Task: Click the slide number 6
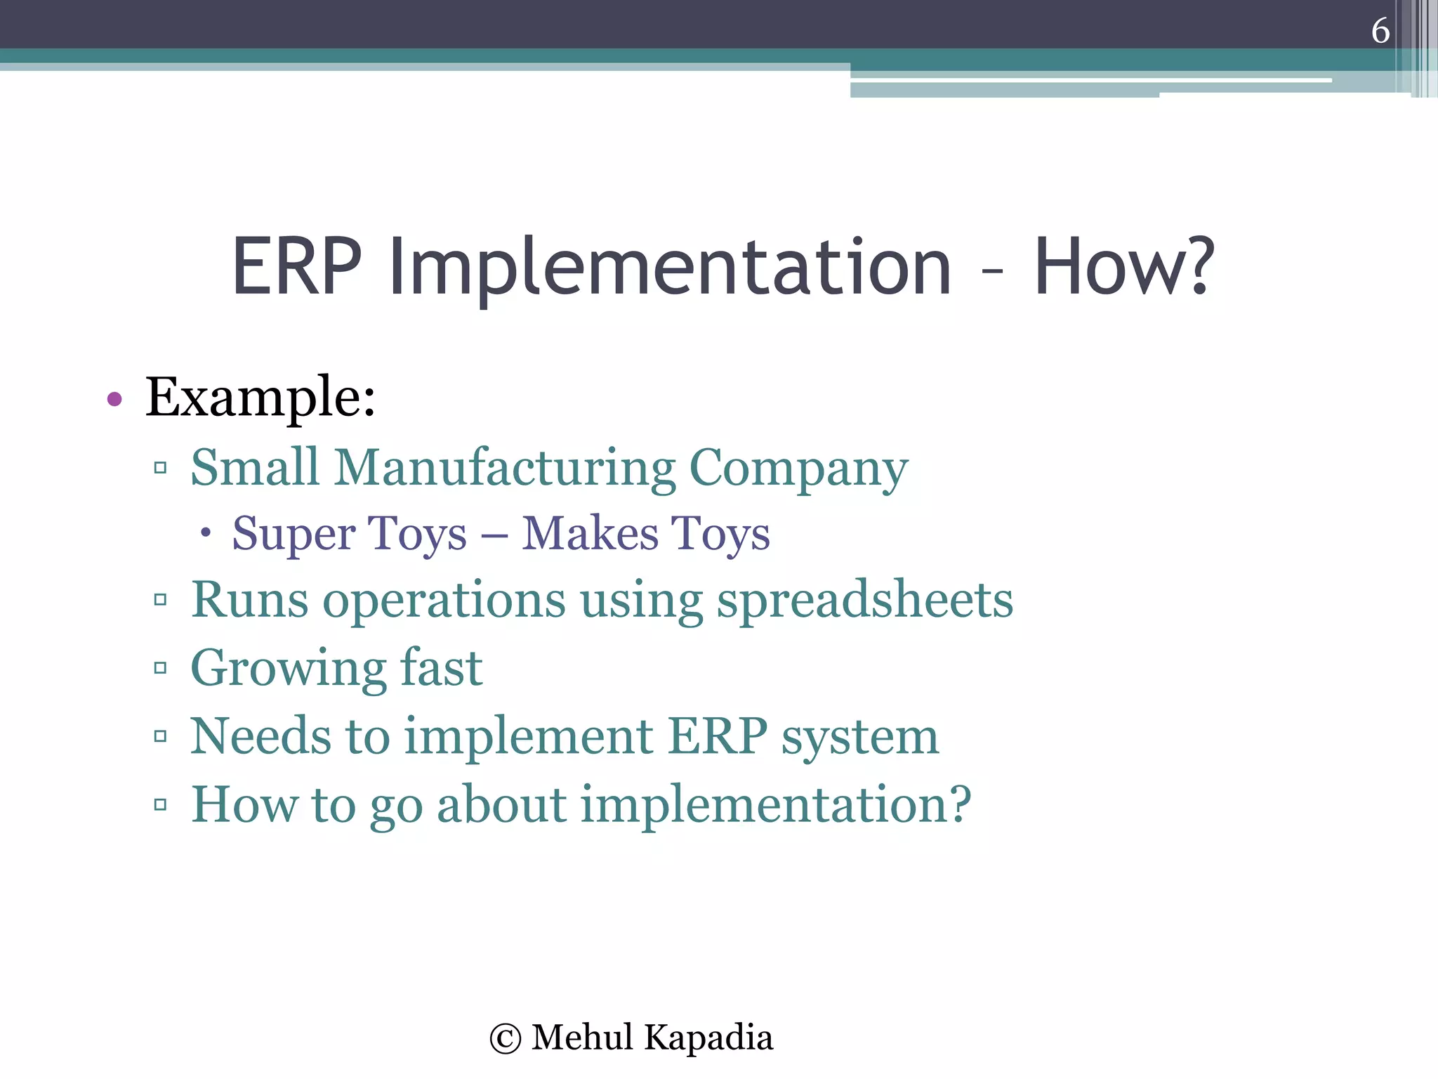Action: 1380,31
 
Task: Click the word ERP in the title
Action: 296,267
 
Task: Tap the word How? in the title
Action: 1123,267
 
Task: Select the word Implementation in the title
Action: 671,267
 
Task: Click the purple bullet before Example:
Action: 114,400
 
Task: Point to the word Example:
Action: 260,398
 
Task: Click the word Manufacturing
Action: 504,467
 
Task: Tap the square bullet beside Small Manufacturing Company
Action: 160,467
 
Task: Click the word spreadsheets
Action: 864,601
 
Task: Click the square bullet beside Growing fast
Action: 160,667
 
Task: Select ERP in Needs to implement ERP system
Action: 718,736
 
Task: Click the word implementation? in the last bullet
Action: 776,804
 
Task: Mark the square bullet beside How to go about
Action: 160,804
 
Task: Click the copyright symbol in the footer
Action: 506,1039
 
